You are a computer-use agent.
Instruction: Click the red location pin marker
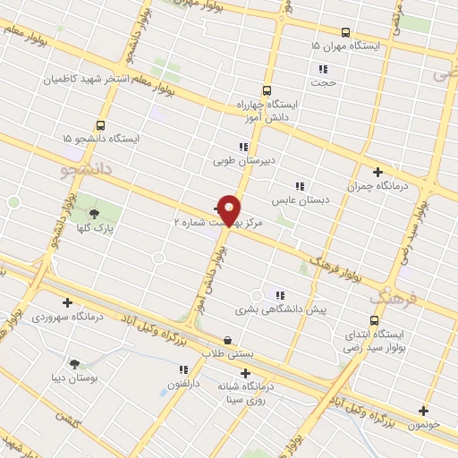(230, 210)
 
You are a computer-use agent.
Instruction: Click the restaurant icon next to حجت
(323, 70)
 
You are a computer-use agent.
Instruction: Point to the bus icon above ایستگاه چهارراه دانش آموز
(267, 90)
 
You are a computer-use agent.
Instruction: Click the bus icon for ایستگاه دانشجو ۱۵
(100, 126)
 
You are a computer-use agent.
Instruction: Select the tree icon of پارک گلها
(94, 213)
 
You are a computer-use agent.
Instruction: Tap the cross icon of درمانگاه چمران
(377, 172)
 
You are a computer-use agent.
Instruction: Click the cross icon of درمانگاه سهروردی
(67, 302)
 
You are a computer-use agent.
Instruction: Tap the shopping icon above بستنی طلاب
(227, 341)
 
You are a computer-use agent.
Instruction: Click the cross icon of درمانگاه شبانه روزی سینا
(245, 374)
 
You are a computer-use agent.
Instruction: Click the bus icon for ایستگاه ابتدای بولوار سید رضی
(374, 320)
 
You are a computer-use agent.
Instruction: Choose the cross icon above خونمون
(423, 411)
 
